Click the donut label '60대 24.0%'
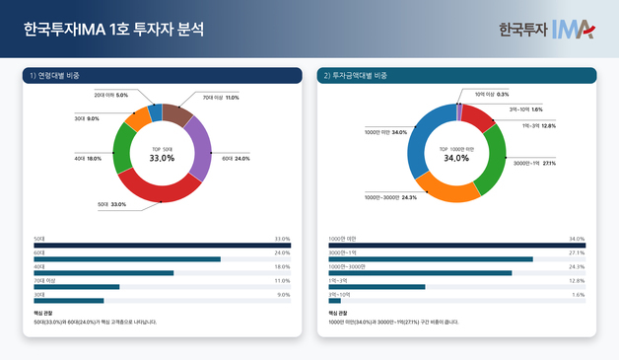235,158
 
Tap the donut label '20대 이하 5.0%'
111,95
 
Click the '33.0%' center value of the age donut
162,158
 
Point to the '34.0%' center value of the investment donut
456,158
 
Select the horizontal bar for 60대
127,259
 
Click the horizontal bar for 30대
68,300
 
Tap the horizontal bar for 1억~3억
377,287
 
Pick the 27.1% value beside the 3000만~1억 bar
577,252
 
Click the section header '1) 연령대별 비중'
55,75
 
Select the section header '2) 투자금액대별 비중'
360,75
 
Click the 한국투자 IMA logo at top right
546,29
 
